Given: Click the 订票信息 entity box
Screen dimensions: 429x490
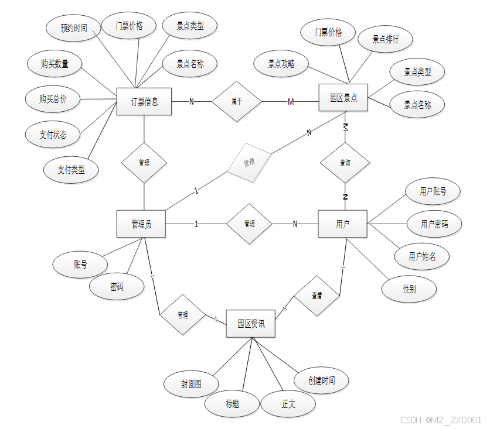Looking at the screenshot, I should pos(144,102).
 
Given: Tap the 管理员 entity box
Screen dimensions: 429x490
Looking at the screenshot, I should pos(141,224).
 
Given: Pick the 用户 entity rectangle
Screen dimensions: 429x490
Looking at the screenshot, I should pos(343,224).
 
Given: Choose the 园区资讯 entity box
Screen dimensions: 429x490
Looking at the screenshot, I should pos(251,323).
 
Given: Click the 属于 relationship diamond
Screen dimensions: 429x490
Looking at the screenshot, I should pos(237,101).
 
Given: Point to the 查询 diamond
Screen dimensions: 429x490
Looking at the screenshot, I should pos(345,163).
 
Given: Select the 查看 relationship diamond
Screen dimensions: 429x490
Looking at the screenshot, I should pos(317,296).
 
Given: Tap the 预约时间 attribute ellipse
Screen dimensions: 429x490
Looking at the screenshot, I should pos(74,28).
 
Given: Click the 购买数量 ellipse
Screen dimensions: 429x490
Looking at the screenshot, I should pos(55,64).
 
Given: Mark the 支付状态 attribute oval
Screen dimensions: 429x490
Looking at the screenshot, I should pos(53,135).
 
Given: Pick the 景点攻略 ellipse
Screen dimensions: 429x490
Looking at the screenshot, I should pos(281,64).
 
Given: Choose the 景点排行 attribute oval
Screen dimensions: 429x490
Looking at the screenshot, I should pos(386,40).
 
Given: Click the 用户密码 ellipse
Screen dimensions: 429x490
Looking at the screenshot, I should pos(434,224).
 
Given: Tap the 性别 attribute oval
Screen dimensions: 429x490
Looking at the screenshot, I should pos(409,289).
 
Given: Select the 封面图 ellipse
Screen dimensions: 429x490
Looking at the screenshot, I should pos(192,384).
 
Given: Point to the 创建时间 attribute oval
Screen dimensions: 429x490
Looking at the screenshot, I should pos(322,380).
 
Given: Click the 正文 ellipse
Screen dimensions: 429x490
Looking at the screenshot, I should pos(288,404).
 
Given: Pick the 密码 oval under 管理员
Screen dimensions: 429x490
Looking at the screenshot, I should pos(117,287).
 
